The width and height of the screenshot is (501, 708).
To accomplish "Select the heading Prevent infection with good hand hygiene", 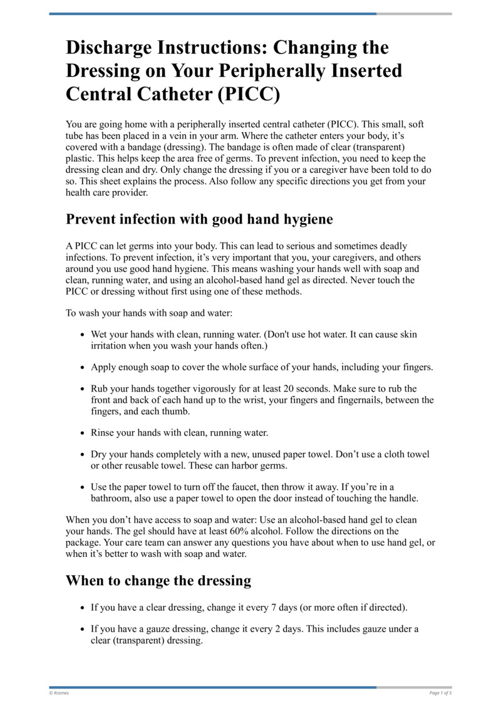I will coord(199,219).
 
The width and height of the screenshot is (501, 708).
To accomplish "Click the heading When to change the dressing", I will coord(158,580).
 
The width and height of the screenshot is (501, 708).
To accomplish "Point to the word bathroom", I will coord(112,498).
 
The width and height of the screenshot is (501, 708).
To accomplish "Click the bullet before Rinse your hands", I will coord(83,433).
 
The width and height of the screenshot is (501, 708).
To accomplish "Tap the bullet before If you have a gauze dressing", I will coord(83,629).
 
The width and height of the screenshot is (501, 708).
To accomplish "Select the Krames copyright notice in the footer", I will coord(59,693).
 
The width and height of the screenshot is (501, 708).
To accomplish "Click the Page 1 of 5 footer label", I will coord(440,693).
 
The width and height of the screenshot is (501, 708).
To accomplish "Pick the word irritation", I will coord(110,346).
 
